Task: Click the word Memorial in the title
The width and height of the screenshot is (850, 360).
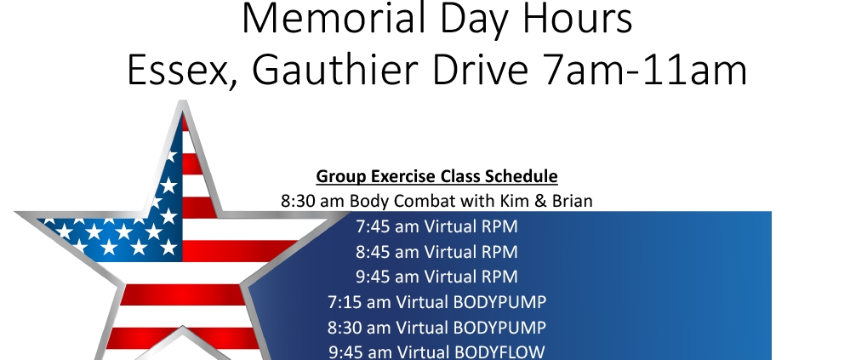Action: pyautogui.click(x=335, y=19)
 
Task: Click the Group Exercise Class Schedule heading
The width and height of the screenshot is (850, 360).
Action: pyautogui.click(x=436, y=176)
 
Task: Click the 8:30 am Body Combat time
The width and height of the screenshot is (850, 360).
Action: pyautogui.click(x=313, y=201)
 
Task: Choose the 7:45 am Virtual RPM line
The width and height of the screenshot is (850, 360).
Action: pyautogui.click(x=436, y=226)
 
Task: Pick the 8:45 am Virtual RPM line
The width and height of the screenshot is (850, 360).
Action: pyautogui.click(x=436, y=252)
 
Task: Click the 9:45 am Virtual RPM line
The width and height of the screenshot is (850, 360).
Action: pyautogui.click(x=436, y=277)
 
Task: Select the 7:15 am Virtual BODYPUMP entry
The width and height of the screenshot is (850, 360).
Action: pyautogui.click(x=436, y=301)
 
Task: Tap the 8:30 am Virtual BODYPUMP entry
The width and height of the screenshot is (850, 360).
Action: pyautogui.click(x=436, y=328)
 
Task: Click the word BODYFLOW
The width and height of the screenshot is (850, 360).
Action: pyautogui.click(x=499, y=352)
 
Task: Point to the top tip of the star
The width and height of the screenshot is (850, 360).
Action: pyautogui.click(x=183, y=100)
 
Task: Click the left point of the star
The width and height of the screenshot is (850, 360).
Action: pyautogui.click(x=16, y=213)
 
